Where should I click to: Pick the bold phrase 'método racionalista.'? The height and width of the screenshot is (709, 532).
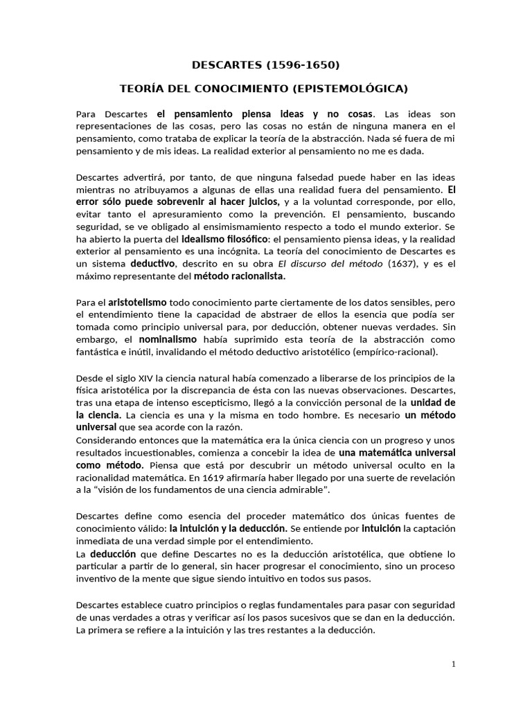point(251,276)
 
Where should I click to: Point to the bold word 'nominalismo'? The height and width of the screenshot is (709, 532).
point(168,339)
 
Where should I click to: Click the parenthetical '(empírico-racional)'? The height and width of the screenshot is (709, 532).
point(396,352)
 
